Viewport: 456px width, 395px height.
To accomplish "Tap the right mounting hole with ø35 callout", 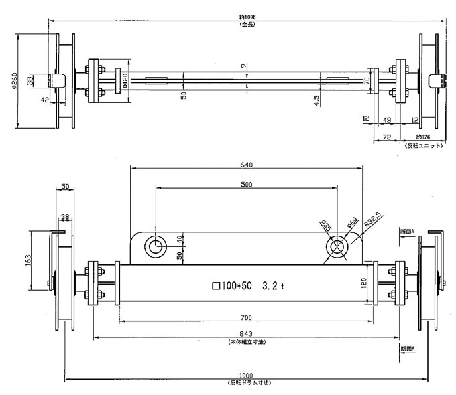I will click(x=336, y=247).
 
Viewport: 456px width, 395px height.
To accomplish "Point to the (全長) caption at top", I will click(x=242, y=25).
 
